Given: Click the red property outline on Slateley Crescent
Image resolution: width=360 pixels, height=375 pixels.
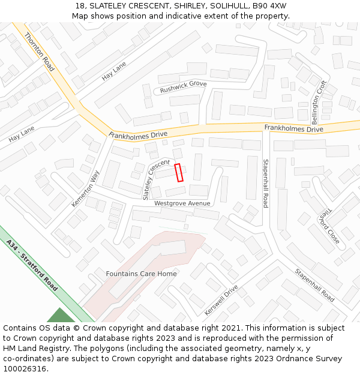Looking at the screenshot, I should [x=178, y=173].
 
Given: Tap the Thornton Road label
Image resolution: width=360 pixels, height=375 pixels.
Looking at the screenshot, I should [x=40, y=52].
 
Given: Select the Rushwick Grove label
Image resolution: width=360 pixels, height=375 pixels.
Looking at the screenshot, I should [x=183, y=87].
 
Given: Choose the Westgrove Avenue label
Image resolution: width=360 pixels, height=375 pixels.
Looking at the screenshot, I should [x=182, y=203].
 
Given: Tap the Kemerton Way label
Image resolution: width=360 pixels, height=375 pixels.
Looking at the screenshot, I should [x=86, y=188].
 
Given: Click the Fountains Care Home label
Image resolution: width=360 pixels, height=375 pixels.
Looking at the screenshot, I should [x=142, y=274].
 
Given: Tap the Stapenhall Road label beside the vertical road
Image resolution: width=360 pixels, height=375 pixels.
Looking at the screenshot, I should [x=265, y=183].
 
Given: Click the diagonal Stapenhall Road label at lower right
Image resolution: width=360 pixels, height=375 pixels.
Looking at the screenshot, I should [x=314, y=284].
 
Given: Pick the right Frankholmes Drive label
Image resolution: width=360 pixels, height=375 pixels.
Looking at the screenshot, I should [x=293, y=128].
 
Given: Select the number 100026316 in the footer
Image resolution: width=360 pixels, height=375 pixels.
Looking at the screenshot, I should [x=25, y=368].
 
